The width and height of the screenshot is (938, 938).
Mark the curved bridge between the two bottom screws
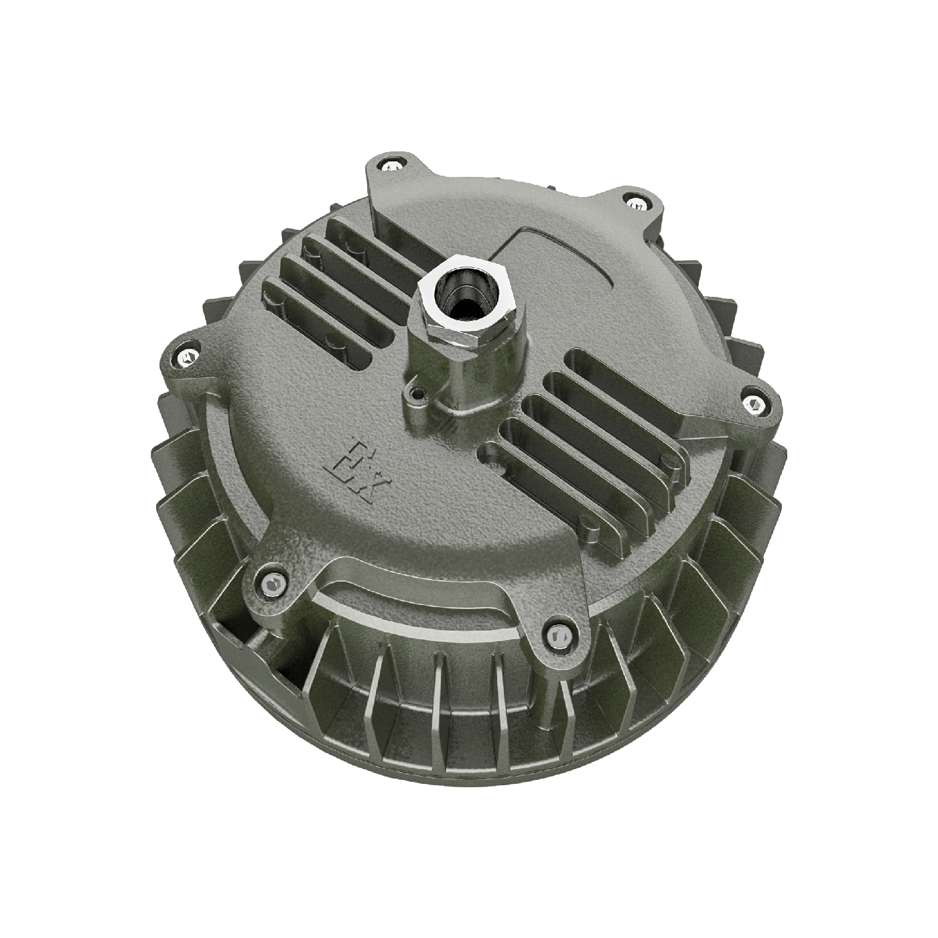point(415,590)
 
